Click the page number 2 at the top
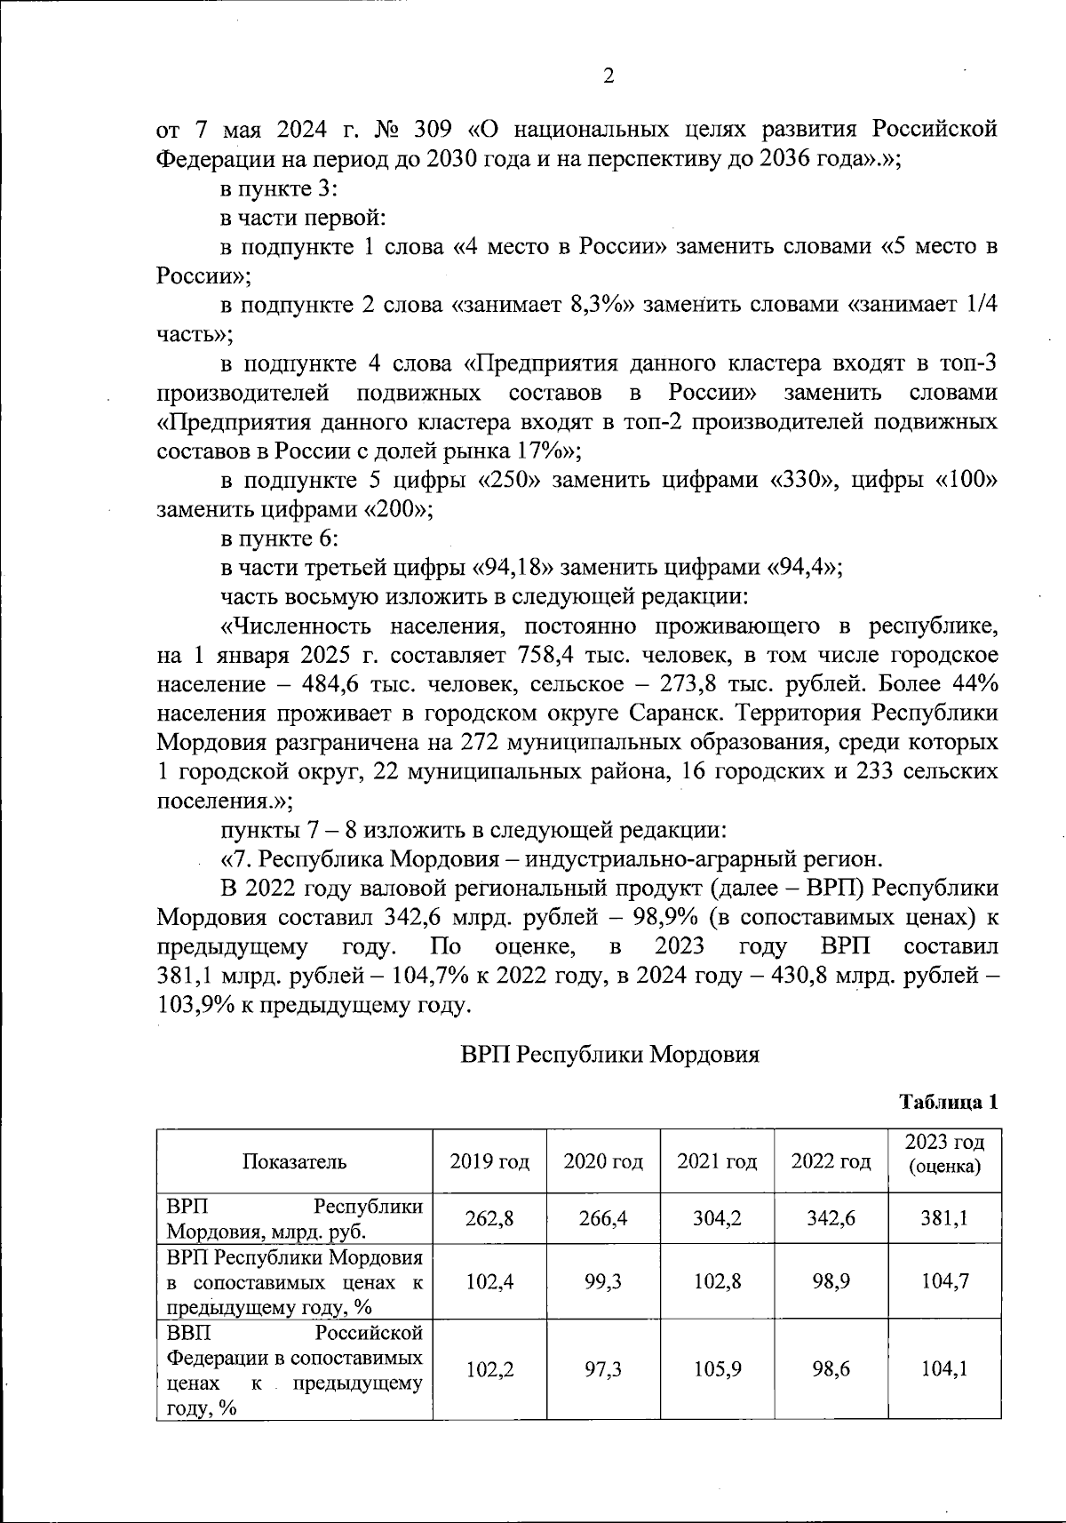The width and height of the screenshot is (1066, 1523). click(609, 77)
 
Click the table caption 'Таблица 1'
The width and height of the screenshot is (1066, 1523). click(949, 1103)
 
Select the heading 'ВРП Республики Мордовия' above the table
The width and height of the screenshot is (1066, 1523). click(610, 1055)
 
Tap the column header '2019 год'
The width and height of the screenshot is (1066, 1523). click(489, 1161)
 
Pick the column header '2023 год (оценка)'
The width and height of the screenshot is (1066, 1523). click(944, 1153)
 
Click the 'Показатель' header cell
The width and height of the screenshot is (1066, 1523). click(294, 1161)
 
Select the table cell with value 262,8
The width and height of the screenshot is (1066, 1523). click(489, 1218)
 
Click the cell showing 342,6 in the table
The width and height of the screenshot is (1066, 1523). click(831, 1218)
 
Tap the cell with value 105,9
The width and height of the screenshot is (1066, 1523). click(717, 1370)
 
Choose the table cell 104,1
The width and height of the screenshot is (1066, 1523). click(944, 1370)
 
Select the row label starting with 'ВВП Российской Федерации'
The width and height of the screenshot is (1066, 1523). click(294, 1370)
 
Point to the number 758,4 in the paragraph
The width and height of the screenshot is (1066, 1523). click(544, 656)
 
